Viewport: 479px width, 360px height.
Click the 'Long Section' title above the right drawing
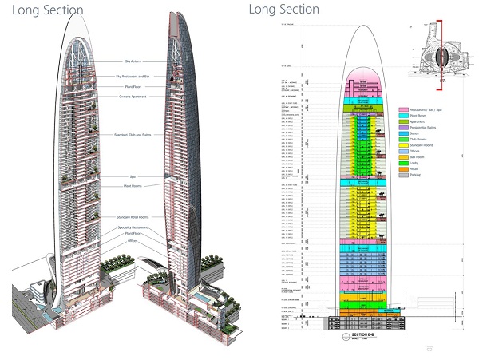283,9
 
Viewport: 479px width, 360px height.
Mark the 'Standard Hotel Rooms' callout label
133,217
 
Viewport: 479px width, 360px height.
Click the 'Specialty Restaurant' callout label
133,229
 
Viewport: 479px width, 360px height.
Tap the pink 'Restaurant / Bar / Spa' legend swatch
404,109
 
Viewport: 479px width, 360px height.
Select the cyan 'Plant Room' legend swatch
404,116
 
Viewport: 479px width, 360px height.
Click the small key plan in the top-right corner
432,52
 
